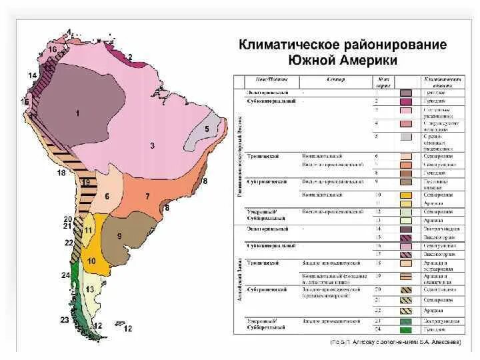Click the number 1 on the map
click(77, 113)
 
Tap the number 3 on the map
click(152, 145)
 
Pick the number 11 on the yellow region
click(89, 230)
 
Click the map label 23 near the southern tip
click(64, 321)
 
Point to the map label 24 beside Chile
click(65, 275)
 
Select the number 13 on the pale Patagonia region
click(90, 289)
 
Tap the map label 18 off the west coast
click(61, 173)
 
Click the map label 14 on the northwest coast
click(32, 75)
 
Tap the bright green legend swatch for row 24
click(405, 329)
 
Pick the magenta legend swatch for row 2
click(405, 101)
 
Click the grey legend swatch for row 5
click(405, 137)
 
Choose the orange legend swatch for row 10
click(405, 195)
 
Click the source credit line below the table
click(396, 342)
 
